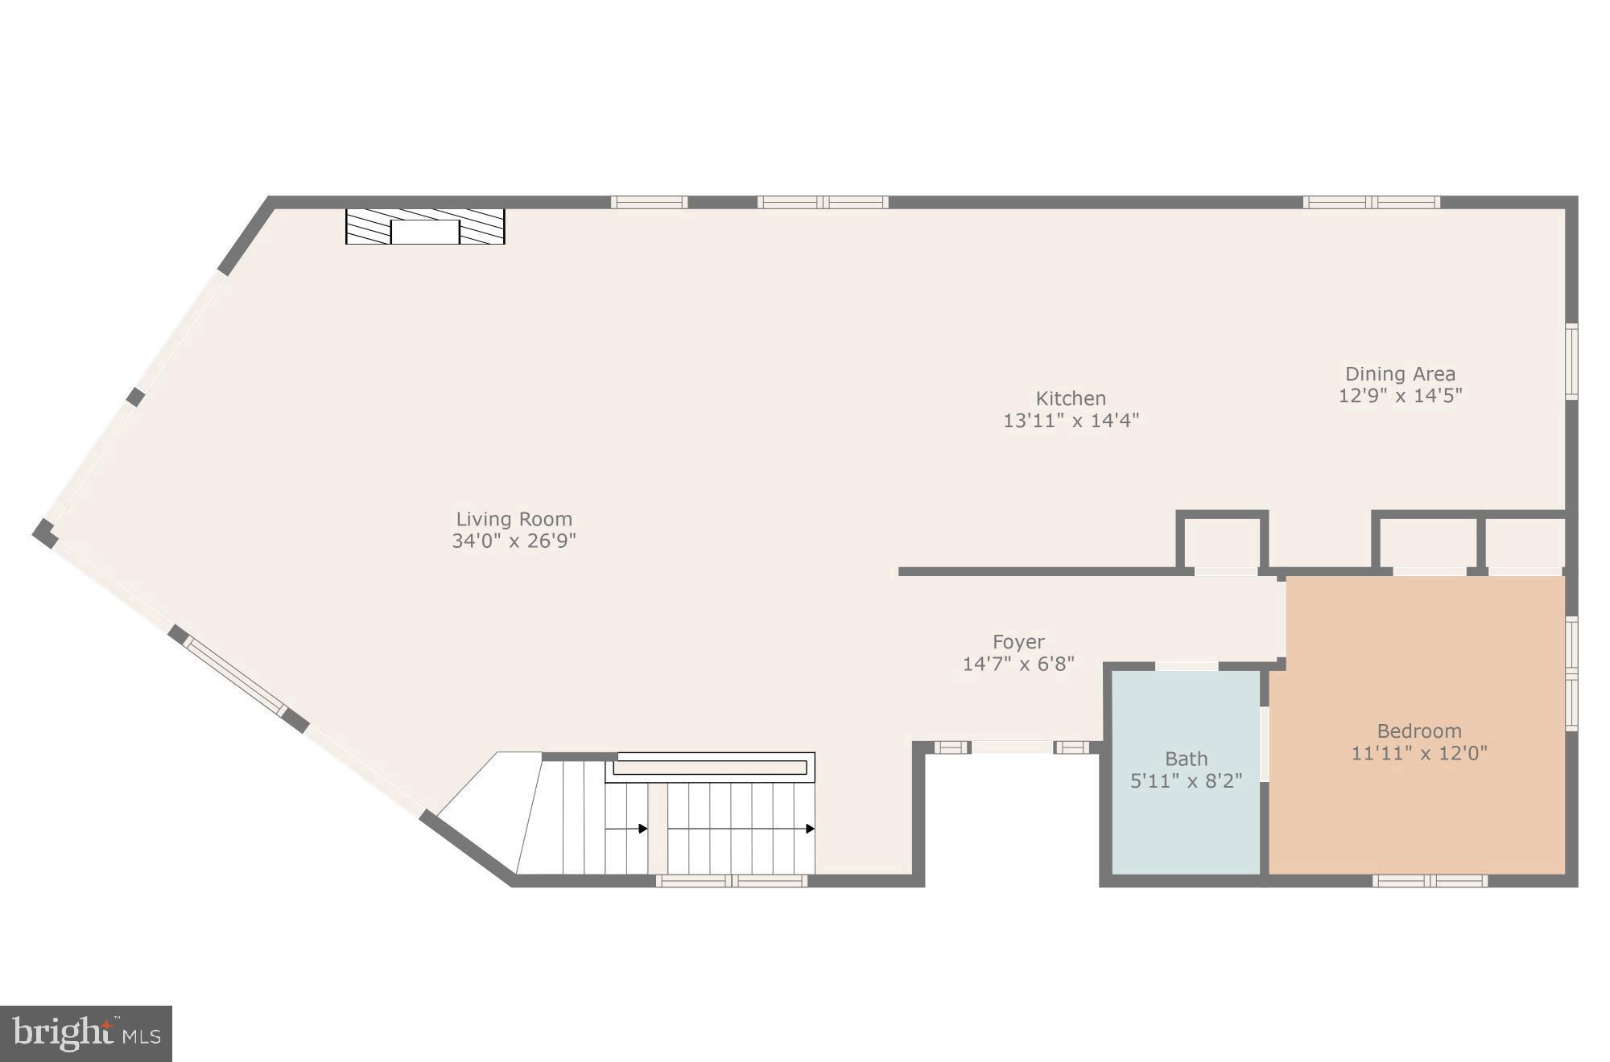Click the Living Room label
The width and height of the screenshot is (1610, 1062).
click(514, 519)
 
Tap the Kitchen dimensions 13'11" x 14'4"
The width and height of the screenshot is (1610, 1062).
click(1071, 420)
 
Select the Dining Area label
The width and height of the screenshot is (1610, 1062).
click(1400, 374)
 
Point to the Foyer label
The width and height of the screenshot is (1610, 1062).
click(1018, 642)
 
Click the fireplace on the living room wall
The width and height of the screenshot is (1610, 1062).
click(425, 226)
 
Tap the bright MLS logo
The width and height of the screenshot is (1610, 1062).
click(86, 1033)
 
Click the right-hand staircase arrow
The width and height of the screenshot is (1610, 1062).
click(809, 829)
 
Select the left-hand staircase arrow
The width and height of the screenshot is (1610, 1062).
click(642, 829)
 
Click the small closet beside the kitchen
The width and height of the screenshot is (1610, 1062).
click(1222, 543)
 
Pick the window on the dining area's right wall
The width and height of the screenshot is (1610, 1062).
click(1571, 361)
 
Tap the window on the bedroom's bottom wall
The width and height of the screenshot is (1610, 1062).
click(1429, 881)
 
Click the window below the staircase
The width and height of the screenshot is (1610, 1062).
click(731, 881)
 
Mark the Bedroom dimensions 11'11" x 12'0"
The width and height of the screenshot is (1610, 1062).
click(1418, 753)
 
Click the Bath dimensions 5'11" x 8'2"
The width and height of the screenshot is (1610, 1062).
click(1186, 780)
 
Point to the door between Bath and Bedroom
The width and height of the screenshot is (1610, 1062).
click(1264, 743)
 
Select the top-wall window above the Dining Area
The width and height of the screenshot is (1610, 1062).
click(1372, 202)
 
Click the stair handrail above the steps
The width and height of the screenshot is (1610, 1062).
click(710, 768)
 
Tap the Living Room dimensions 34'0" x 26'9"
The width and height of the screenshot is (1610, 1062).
click(514, 541)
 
